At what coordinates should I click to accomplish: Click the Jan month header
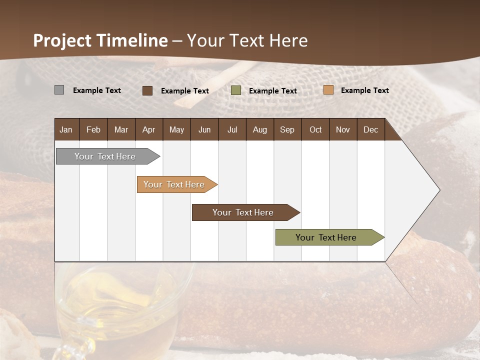66,129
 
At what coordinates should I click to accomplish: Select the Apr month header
149,129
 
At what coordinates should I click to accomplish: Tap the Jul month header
232,129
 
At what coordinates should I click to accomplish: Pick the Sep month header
287,129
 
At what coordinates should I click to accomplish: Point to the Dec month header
370,129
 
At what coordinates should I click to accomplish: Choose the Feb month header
93,129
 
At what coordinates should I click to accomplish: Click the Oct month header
315,129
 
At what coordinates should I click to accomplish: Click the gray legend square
59,90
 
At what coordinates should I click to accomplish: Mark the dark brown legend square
147,90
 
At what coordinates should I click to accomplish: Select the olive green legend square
236,90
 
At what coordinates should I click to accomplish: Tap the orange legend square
328,90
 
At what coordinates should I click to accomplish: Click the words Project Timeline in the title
100,40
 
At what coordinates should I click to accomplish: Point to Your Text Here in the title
247,40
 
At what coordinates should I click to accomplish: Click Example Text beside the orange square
364,90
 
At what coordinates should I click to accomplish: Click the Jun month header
204,129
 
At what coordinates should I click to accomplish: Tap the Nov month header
343,129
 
